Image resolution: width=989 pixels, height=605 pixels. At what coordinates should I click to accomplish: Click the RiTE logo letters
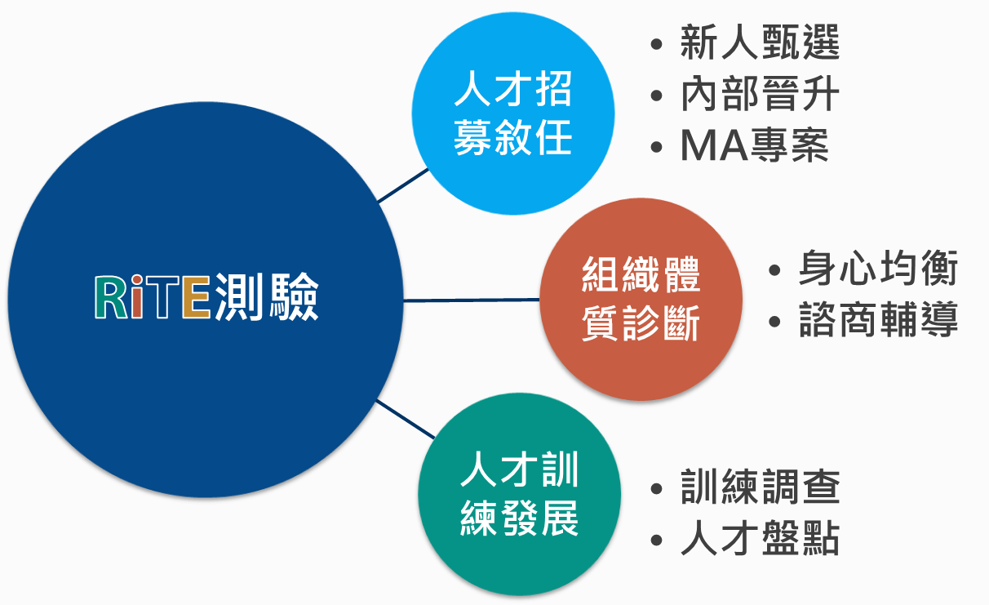pyautogui.click(x=153, y=297)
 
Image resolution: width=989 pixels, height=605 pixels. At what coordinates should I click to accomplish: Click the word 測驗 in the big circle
pyautogui.click(x=267, y=296)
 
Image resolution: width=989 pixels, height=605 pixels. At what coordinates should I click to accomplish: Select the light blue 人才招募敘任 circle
pyautogui.click(x=513, y=113)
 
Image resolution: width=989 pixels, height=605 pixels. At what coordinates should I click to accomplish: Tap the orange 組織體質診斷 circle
pyautogui.click(x=641, y=300)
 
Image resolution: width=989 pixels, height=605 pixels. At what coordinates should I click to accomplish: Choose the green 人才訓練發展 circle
pyautogui.click(x=519, y=494)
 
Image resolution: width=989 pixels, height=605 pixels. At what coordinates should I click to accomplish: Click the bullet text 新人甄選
pyautogui.click(x=760, y=42)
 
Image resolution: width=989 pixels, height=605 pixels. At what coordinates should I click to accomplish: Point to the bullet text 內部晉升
pyautogui.click(x=760, y=94)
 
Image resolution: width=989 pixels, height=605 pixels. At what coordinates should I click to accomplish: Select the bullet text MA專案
pyautogui.click(x=754, y=145)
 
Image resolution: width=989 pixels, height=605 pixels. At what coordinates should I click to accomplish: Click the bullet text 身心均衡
pyautogui.click(x=878, y=268)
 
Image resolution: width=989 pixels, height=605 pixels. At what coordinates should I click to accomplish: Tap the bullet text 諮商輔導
pyautogui.click(x=878, y=319)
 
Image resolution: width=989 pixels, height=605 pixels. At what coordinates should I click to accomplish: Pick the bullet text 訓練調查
pyautogui.click(x=760, y=487)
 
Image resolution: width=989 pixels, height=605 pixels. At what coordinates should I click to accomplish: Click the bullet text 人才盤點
pyautogui.click(x=760, y=538)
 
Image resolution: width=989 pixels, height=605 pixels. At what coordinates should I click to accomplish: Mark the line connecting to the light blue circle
pyautogui.click(x=403, y=185)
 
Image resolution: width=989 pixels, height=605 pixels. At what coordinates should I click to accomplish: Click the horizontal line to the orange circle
pyautogui.click(x=472, y=300)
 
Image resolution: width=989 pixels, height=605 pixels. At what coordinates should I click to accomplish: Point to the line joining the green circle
pyautogui.click(x=406, y=419)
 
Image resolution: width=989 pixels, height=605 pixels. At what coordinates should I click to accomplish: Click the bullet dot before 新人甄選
pyautogui.click(x=657, y=44)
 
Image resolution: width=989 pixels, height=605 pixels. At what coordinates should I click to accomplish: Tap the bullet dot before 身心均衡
pyautogui.click(x=775, y=269)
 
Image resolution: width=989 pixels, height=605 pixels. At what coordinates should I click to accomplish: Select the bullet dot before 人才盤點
pyautogui.click(x=657, y=540)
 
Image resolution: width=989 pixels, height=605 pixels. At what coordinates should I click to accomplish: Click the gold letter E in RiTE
pyautogui.click(x=197, y=297)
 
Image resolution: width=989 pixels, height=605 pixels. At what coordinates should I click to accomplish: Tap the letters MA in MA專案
pyautogui.click(x=714, y=145)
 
